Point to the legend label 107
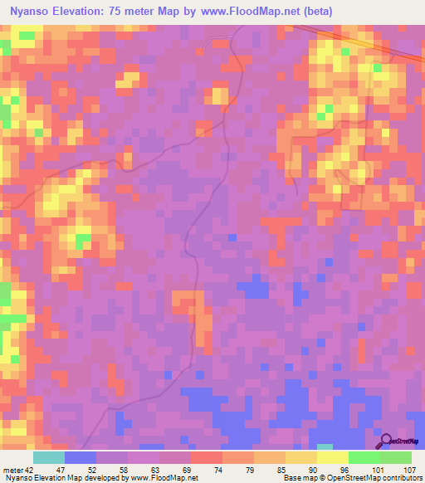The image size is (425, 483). [408, 469]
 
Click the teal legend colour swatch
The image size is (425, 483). [49, 457]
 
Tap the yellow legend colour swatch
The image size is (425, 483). [332, 457]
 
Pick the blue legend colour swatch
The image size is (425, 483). [81, 457]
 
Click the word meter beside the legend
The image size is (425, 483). [15, 469]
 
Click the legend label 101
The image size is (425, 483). [377, 469]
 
